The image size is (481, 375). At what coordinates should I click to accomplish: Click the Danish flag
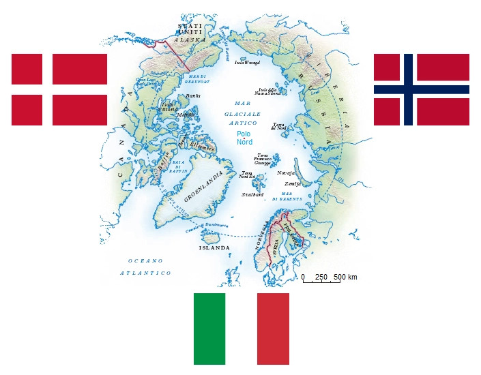[x=59, y=89]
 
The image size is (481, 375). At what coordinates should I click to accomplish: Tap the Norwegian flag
[x=421, y=89]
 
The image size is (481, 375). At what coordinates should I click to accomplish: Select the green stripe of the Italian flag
[x=209, y=329]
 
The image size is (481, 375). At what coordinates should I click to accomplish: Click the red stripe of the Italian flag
[x=273, y=329]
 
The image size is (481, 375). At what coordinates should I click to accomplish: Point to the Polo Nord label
[x=244, y=138]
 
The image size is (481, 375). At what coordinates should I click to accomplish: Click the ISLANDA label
[x=214, y=247]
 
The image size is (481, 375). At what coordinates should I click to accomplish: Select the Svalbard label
[x=252, y=194]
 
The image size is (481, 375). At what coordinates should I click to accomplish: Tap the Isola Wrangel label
[x=247, y=62]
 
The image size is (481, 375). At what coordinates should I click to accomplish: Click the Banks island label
[x=174, y=96]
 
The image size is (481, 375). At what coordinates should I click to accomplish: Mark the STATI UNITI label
[x=190, y=29]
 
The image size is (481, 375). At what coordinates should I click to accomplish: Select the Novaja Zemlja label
[x=289, y=178]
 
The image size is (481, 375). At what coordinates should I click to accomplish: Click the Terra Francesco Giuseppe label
[x=263, y=160]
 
